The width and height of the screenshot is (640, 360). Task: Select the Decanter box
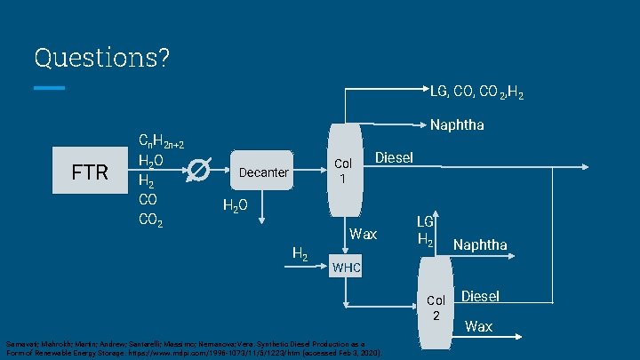[x=264, y=172]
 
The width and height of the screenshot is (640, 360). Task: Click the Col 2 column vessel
[x=436, y=307]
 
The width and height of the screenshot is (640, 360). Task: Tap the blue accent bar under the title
[x=50, y=88]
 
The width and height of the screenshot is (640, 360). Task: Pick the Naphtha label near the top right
[x=456, y=125]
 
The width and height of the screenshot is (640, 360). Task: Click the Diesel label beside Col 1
[x=394, y=157]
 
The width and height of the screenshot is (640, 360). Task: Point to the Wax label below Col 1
[x=363, y=235]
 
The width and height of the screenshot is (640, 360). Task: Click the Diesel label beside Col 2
[x=480, y=296]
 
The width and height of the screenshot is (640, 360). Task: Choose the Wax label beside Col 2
[x=478, y=326]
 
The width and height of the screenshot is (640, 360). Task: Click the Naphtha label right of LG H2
[x=480, y=244]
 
